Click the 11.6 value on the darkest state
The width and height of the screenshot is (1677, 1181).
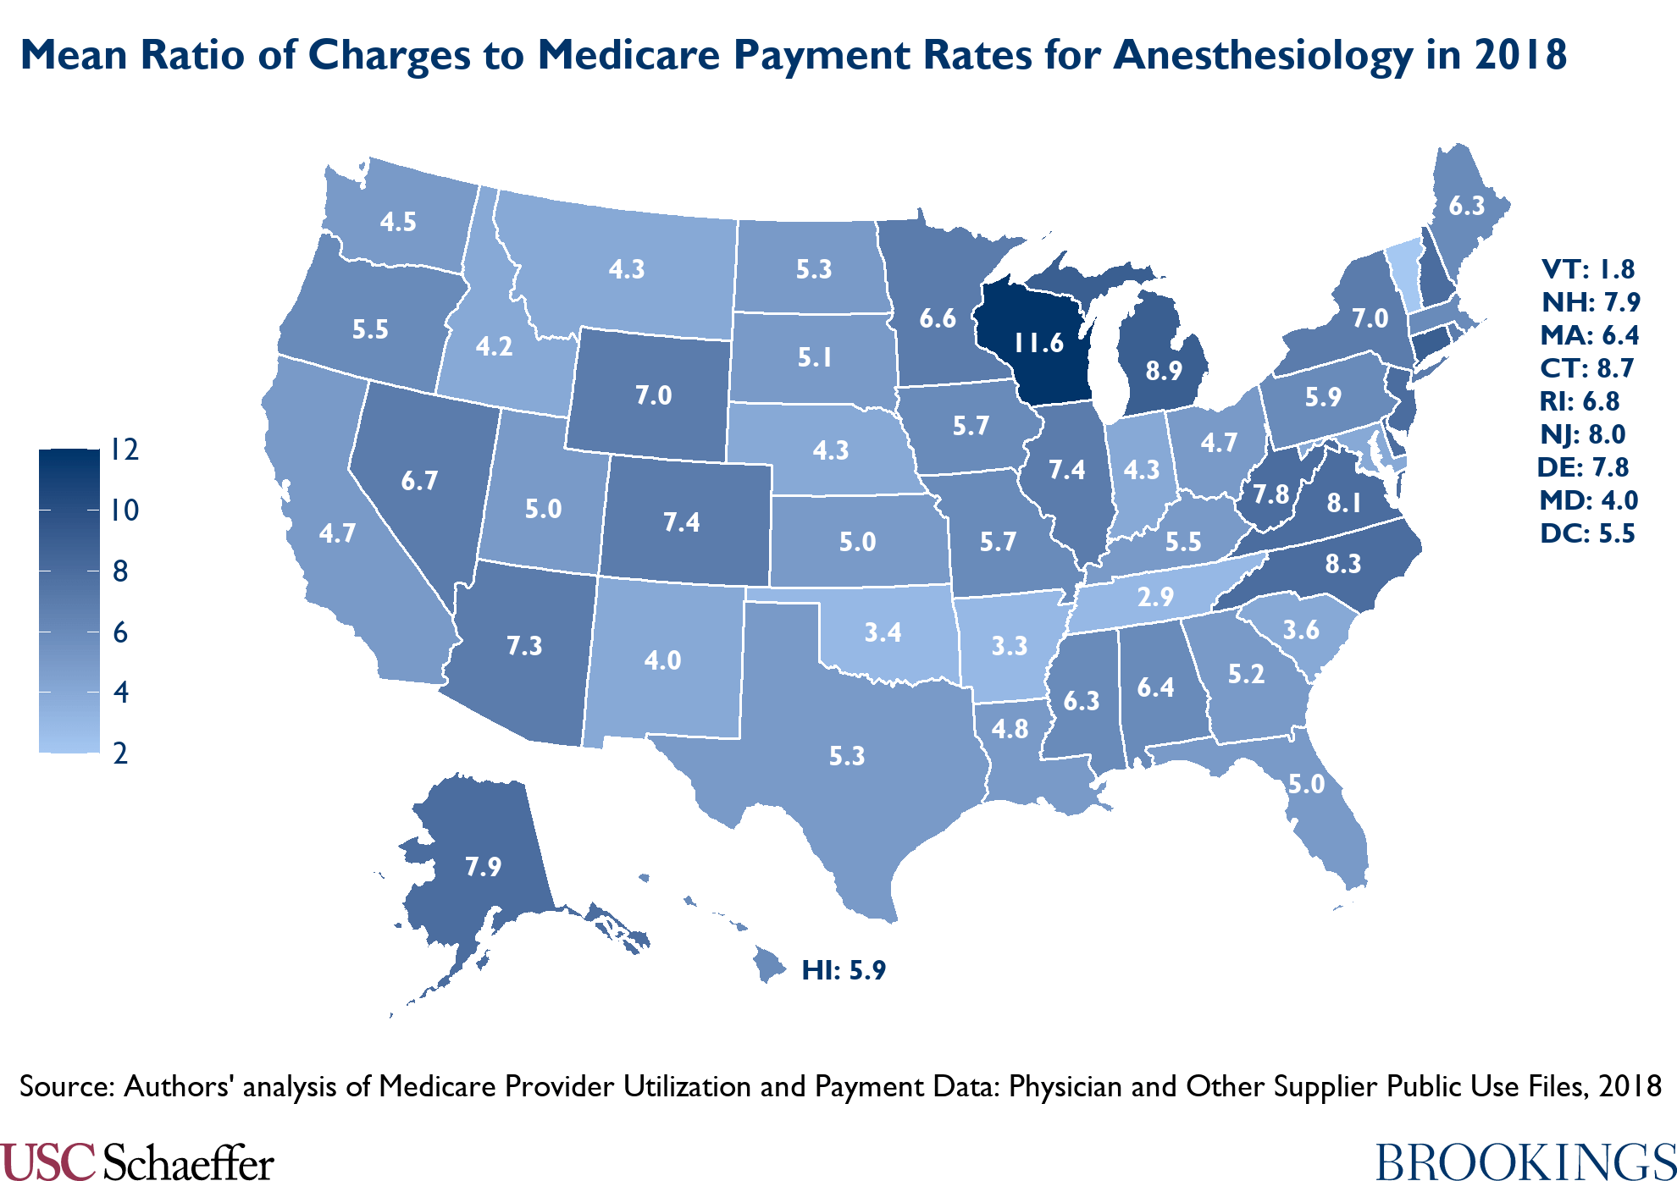(x=1038, y=343)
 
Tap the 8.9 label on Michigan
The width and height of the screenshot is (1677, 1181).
(x=1163, y=371)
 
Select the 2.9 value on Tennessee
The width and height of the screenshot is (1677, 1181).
(x=1155, y=598)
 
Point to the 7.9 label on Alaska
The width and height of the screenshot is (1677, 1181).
(x=483, y=866)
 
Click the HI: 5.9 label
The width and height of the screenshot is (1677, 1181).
(x=844, y=970)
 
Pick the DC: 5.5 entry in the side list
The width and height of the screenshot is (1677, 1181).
(x=1588, y=534)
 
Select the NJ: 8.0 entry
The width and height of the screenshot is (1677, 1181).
(x=1583, y=434)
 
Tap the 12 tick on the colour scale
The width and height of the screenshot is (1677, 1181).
(x=125, y=450)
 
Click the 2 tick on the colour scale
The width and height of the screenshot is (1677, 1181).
(x=120, y=753)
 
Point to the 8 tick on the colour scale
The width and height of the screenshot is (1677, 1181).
(x=120, y=571)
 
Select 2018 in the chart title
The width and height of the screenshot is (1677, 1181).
(x=1520, y=56)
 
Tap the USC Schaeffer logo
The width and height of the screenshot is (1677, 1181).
(x=137, y=1161)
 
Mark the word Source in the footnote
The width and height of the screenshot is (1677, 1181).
(x=66, y=1086)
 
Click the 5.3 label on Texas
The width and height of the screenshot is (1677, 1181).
(x=847, y=755)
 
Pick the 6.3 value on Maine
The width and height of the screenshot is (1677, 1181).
(x=1466, y=206)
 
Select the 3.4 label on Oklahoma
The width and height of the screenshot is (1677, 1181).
(x=882, y=632)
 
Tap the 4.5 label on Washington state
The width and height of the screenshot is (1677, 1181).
(x=398, y=222)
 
